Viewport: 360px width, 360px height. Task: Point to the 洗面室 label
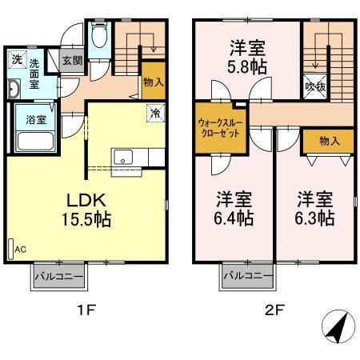(x=37, y=73)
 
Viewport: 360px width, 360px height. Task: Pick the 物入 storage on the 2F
(x=329, y=141)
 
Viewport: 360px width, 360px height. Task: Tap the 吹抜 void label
(x=314, y=86)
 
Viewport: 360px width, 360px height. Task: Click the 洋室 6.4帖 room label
(x=234, y=206)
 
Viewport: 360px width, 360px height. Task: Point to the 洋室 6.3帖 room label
(x=314, y=206)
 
